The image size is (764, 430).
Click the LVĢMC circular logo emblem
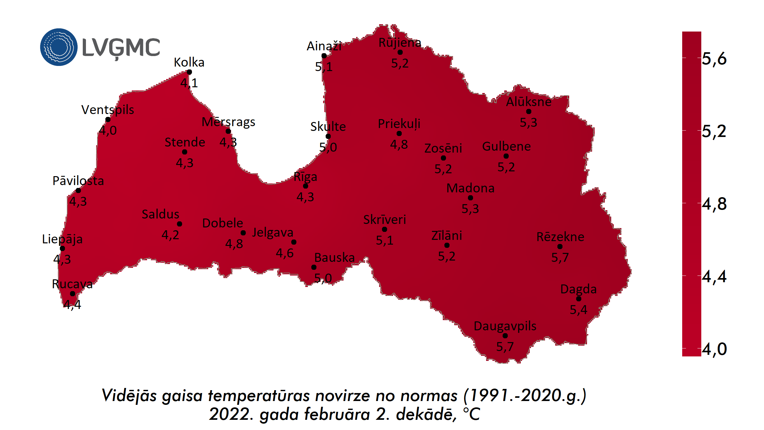point(59,47)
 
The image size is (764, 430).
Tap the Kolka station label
point(189,62)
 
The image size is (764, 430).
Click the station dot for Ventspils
point(108,119)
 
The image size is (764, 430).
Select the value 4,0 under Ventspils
point(108,131)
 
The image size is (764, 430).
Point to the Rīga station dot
point(306,186)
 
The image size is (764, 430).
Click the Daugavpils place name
point(505,326)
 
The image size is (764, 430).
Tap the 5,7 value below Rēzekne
point(560,257)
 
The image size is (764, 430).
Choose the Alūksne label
point(529,102)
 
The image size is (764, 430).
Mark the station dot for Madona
point(470,198)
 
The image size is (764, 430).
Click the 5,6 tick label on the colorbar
point(714,59)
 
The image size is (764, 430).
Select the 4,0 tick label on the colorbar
point(714,349)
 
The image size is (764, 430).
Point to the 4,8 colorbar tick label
point(714,204)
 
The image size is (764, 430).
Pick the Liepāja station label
point(62,239)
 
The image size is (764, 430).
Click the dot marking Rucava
point(73,294)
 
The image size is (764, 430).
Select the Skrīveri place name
point(385,220)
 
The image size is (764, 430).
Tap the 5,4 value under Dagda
point(578,310)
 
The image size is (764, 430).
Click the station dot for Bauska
point(314,267)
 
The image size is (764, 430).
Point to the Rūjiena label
point(400,43)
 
